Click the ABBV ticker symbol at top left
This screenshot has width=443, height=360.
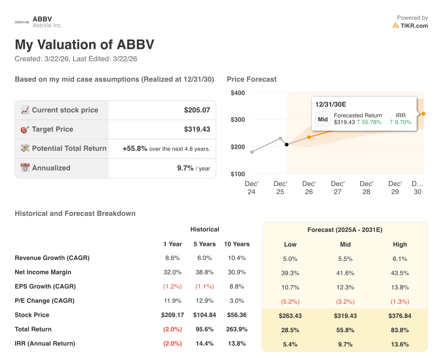click(42, 19)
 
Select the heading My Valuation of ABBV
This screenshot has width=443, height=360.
click(84, 45)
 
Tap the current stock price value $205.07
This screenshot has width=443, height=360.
click(197, 110)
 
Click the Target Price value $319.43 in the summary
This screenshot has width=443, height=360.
click(197, 129)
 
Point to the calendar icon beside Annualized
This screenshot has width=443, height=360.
click(25, 168)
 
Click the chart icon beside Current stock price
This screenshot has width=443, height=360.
click(25, 110)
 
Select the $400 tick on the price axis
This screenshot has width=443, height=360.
click(238, 93)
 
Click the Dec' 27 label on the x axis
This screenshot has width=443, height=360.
click(337, 187)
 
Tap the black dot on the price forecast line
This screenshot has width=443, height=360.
click(286, 145)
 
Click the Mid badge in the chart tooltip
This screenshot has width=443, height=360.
click(323, 119)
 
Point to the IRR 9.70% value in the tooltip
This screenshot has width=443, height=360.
click(401, 122)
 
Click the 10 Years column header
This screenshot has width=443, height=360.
click(237, 244)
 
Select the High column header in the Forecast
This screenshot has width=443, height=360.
click(400, 244)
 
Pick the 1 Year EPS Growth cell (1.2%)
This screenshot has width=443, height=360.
click(172, 286)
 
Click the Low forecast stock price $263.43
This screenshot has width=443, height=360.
click(290, 315)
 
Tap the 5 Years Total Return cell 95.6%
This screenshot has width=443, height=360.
click(205, 329)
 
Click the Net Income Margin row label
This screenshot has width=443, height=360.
click(43, 272)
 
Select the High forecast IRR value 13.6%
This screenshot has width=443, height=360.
click(400, 344)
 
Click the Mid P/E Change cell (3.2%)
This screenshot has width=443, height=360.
click(345, 301)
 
